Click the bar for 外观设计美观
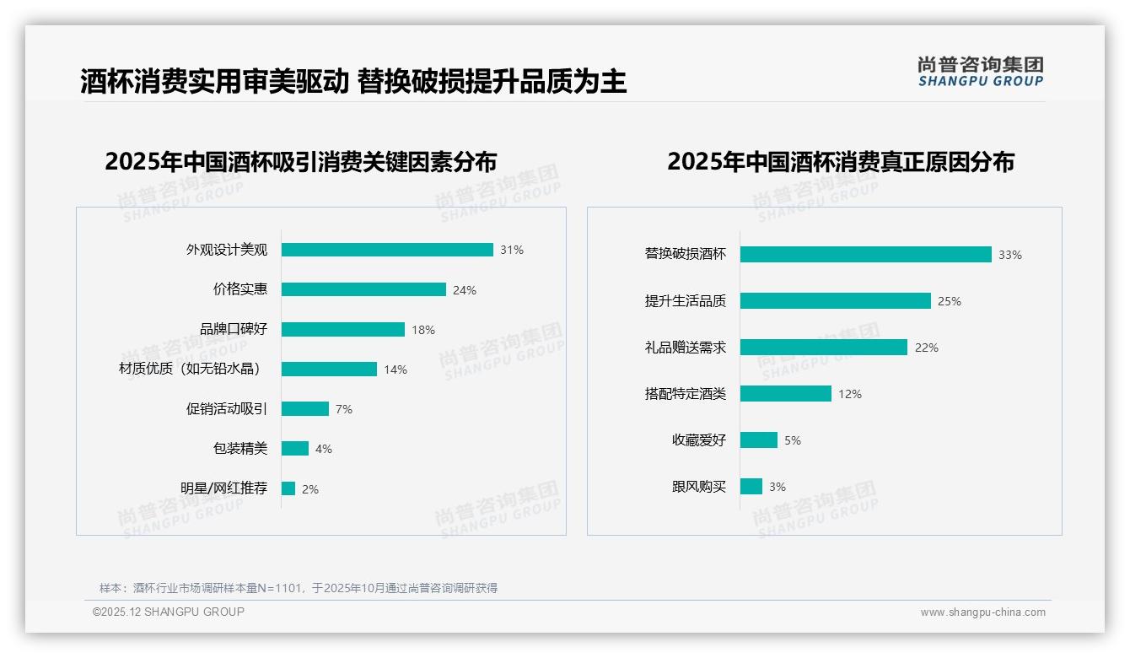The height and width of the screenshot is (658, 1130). (387, 250)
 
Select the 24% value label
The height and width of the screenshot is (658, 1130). (465, 290)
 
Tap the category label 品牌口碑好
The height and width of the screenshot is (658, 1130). (234, 329)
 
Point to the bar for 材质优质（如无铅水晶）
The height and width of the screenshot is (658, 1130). (329, 369)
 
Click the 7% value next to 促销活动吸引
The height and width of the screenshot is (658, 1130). (344, 409)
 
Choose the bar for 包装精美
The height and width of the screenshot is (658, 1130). (295, 449)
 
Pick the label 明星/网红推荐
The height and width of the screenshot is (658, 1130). (224, 488)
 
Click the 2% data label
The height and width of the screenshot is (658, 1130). (310, 489)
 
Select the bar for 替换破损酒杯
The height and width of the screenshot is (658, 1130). (865, 255)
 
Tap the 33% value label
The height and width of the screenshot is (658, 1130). (1010, 255)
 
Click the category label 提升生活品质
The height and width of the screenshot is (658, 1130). (686, 301)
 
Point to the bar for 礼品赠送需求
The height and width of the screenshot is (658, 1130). (823, 348)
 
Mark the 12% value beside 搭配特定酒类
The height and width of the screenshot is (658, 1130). (850, 394)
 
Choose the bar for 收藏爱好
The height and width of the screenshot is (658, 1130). (759, 440)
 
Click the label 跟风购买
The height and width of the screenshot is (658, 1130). (699, 487)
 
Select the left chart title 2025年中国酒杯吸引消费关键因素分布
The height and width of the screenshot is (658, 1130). (301, 161)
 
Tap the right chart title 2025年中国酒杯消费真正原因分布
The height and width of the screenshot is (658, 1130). (841, 161)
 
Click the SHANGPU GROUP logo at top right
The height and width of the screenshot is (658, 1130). (981, 72)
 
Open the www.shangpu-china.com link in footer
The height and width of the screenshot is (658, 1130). (982, 612)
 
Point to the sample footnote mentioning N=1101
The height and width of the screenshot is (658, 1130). (299, 588)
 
